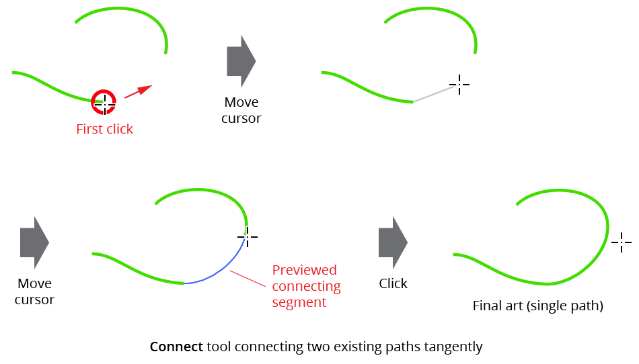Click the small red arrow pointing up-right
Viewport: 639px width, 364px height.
coord(139,92)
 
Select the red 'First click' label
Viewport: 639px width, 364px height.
coord(104,129)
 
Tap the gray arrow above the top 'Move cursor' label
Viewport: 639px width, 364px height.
coord(241,61)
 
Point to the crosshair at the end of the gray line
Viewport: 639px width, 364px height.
coord(459,85)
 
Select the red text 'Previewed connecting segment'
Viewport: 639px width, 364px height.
coord(306,286)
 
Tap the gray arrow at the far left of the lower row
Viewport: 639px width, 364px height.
coord(34,242)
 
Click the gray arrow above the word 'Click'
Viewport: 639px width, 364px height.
coord(393,242)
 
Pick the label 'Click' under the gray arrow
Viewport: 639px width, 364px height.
coord(393,283)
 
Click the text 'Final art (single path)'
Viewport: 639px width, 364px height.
coord(537,306)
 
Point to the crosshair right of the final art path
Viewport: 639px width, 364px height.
coord(621,242)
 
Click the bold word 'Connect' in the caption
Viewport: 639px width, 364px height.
coord(176,347)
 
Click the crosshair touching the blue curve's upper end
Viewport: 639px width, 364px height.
coord(248,236)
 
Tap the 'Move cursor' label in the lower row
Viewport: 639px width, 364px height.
coord(34,291)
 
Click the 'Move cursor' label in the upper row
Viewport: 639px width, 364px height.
coord(241,110)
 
